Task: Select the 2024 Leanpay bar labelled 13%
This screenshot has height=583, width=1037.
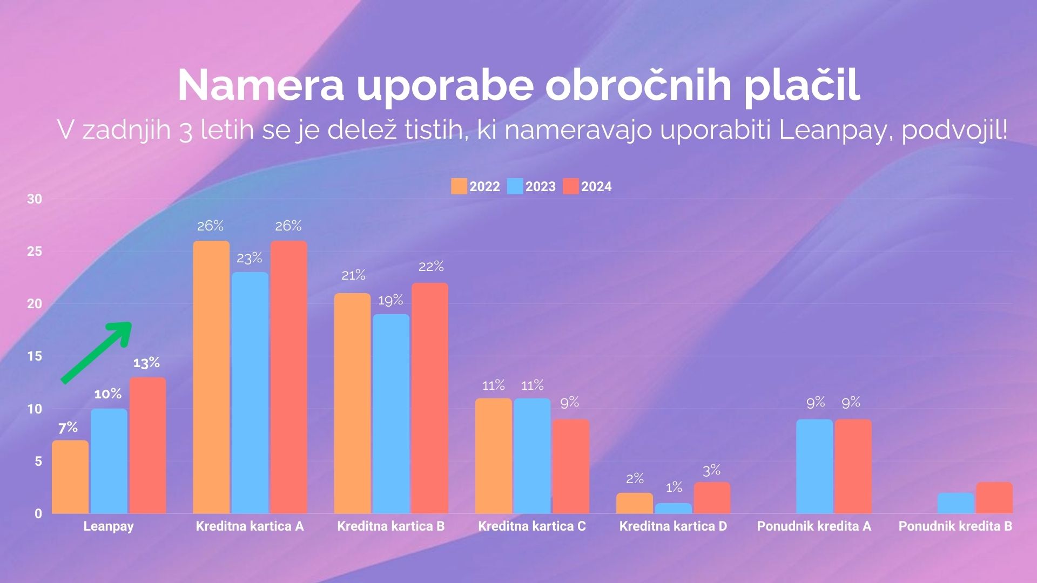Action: pos(147,445)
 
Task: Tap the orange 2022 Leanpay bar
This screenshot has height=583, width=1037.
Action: pos(70,477)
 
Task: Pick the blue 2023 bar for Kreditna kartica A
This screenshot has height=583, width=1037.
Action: pos(250,392)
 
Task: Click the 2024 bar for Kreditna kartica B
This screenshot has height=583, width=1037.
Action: pos(430,398)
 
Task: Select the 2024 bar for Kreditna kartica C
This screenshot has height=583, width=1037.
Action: pos(571,466)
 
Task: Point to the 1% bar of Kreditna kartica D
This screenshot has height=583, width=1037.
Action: pos(674,508)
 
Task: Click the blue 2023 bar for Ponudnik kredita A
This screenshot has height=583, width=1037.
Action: pos(814,466)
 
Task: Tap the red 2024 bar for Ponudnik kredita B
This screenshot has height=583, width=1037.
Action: pos(994,498)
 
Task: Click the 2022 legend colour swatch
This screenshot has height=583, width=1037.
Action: pos(459,187)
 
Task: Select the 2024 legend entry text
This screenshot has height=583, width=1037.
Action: pos(596,187)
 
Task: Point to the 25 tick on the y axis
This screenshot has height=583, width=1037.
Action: pos(35,252)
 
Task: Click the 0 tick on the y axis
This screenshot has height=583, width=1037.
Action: pos(38,514)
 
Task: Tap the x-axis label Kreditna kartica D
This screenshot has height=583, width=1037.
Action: pos(673,526)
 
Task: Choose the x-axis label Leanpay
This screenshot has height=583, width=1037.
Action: pos(109,526)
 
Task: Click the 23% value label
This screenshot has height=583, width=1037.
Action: pos(250,259)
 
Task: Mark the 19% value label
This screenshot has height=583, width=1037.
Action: pos(390,300)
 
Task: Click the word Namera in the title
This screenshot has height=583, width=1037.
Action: pos(260,85)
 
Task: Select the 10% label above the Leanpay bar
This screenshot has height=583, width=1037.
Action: pos(108,394)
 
